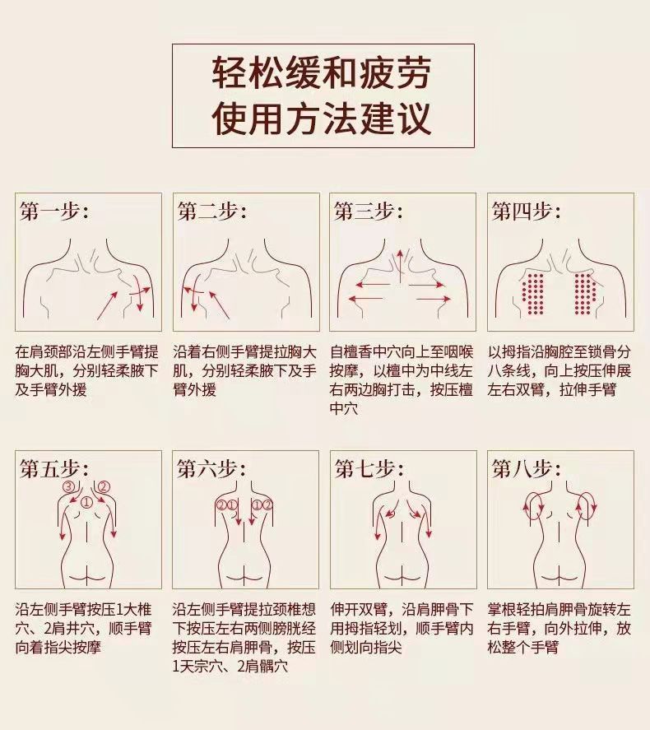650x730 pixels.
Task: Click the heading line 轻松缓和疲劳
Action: (x=322, y=73)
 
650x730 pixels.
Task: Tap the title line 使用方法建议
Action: (x=322, y=118)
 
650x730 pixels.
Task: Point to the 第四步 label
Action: (x=526, y=212)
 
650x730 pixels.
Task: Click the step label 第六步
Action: (x=211, y=469)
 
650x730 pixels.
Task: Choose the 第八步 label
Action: (x=526, y=469)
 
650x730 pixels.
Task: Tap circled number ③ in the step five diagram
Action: (x=69, y=487)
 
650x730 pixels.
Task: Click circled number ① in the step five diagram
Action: (x=87, y=502)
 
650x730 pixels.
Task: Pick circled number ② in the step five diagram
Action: (x=104, y=487)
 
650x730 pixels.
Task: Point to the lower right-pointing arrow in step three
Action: (x=434, y=299)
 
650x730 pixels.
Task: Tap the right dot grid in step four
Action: (x=586, y=294)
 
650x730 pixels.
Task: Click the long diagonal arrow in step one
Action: (x=108, y=305)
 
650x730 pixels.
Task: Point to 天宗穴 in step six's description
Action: (x=202, y=667)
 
